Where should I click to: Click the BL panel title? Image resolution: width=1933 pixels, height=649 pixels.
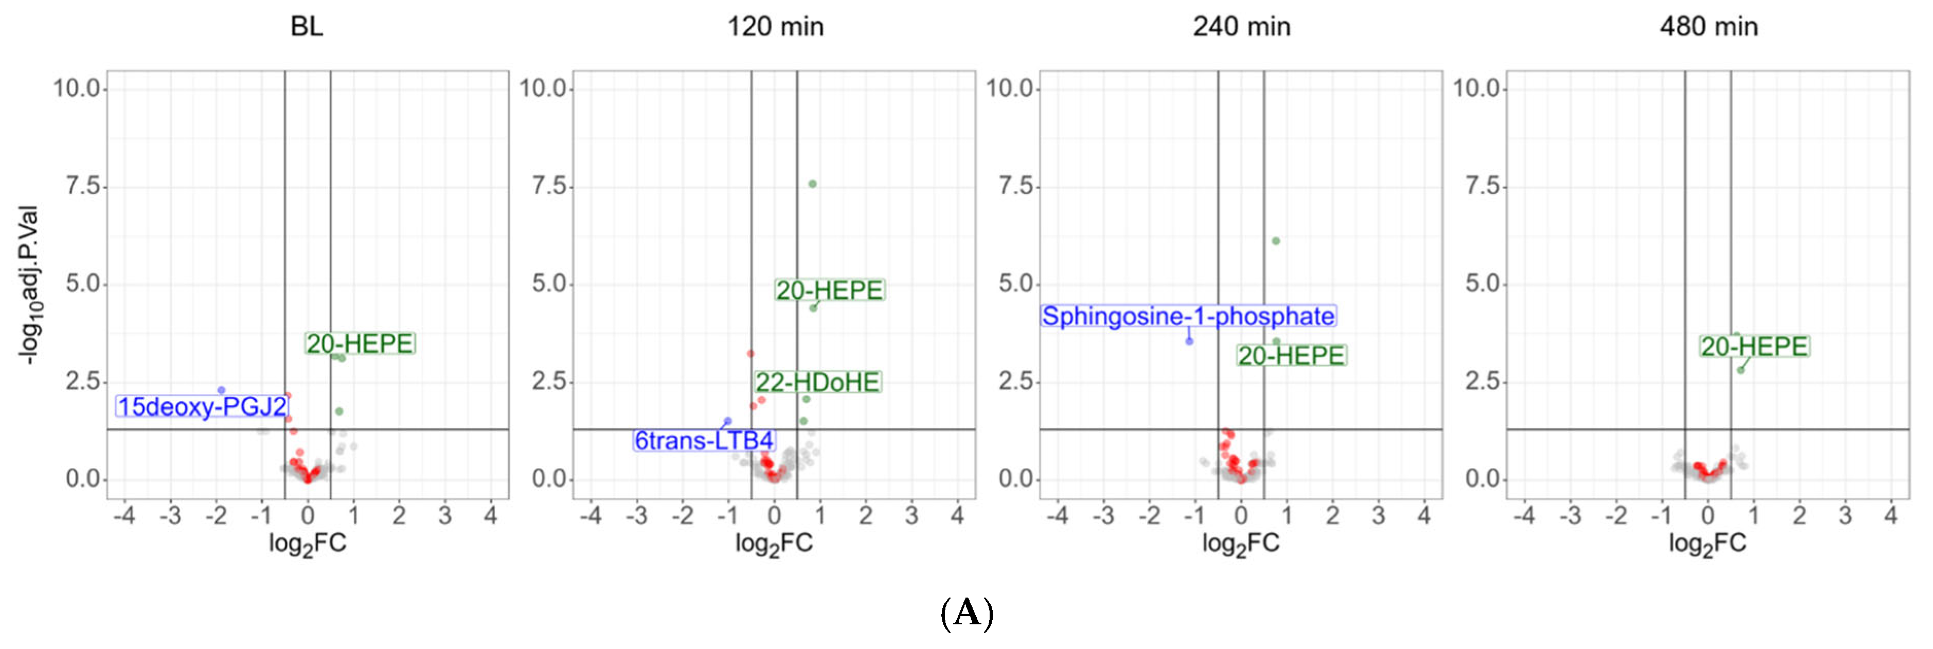click(x=307, y=27)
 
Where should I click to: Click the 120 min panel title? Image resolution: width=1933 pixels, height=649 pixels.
click(x=775, y=27)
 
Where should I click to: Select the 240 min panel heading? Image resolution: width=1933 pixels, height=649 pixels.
click(x=1241, y=27)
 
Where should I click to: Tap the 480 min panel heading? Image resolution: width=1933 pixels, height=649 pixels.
click(x=1709, y=27)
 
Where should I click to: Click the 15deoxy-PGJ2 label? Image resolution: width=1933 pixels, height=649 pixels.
click(x=202, y=407)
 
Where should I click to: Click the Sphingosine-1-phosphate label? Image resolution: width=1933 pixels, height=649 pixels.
click(x=1188, y=316)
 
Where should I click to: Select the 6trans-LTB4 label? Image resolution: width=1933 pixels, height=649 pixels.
click(x=704, y=440)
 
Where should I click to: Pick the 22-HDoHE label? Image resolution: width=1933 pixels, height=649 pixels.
click(x=817, y=383)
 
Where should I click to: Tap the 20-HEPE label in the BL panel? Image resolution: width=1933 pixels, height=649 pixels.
click(x=360, y=344)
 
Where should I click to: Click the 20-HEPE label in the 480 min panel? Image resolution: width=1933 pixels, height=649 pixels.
click(x=1755, y=347)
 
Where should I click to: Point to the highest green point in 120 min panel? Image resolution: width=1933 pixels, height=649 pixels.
click(x=812, y=184)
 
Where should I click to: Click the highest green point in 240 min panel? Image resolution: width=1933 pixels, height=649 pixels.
click(x=1276, y=241)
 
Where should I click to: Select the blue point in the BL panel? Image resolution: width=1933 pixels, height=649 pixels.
click(x=221, y=389)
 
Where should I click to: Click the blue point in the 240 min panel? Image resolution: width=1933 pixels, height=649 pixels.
click(x=1189, y=341)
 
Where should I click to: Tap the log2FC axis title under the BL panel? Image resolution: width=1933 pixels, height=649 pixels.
click(x=308, y=543)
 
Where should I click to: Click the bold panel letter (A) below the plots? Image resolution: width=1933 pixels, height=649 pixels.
click(x=966, y=613)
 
